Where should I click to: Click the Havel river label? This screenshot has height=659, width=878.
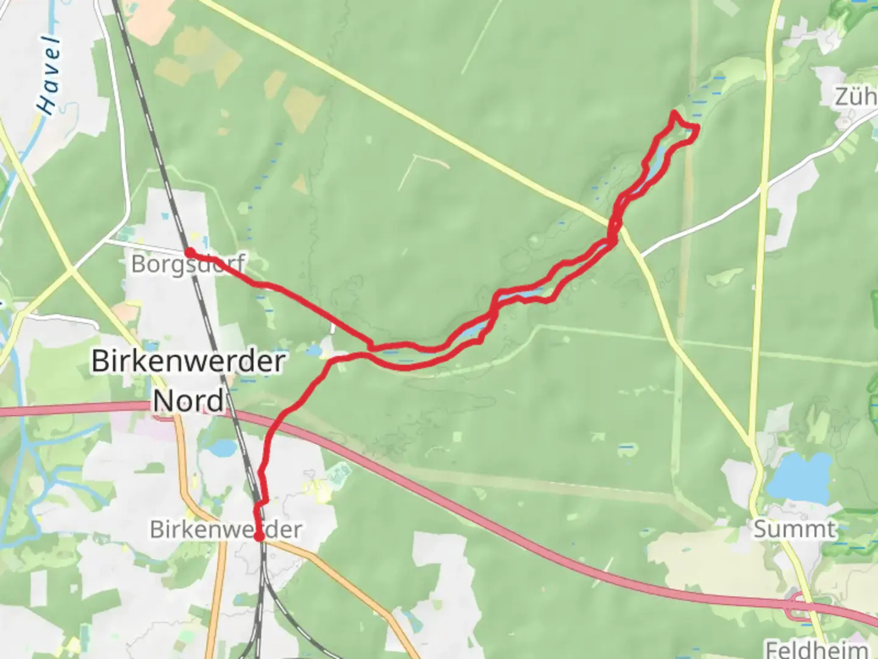coord(49,76)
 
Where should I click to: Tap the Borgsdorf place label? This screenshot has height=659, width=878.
coord(188,264)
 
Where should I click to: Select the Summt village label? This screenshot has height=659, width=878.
coord(794,529)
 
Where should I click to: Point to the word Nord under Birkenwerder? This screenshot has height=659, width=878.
coord(188,401)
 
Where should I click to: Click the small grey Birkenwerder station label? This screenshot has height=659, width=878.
coord(226,529)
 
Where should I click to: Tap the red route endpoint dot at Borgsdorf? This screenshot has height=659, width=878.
coord(190,253)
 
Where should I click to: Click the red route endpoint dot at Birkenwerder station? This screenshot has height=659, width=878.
coord(259,537)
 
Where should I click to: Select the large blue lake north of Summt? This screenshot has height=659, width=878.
coord(799,477)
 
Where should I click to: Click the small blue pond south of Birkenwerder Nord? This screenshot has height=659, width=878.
coord(221,448)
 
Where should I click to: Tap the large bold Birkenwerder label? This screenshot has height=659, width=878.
coord(188,361)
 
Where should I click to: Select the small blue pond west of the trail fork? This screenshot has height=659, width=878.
coord(313,350)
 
